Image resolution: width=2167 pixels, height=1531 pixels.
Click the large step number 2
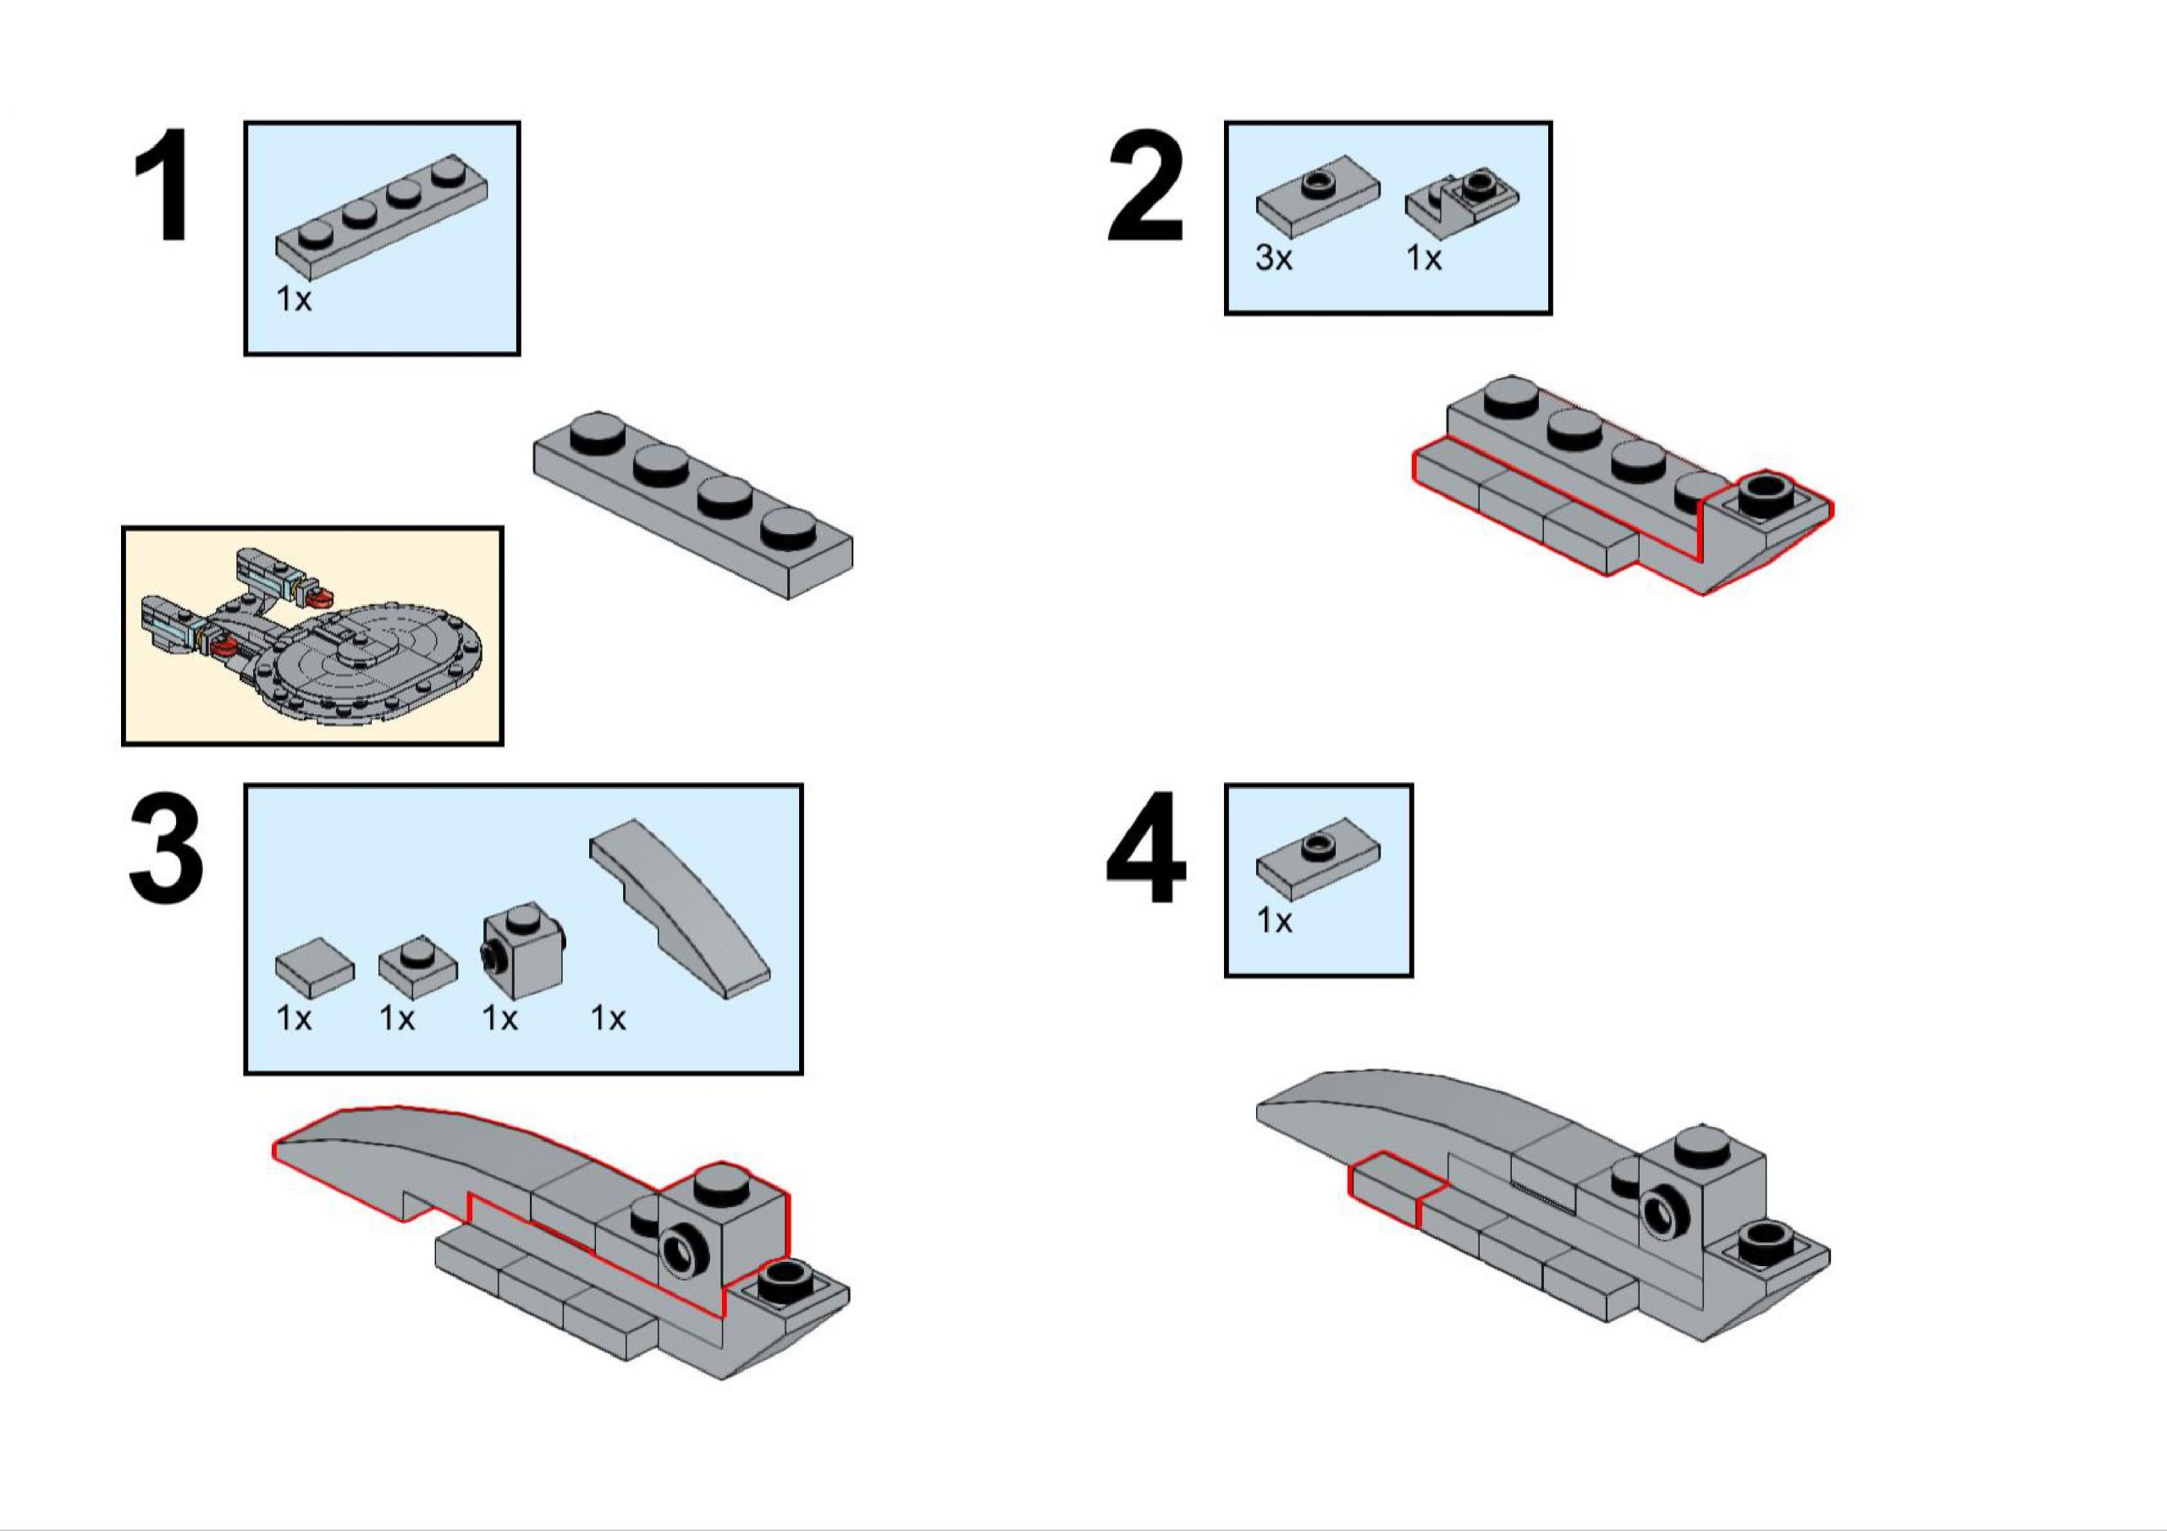pos(1144,186)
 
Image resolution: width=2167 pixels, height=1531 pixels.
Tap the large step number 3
pos(166,850)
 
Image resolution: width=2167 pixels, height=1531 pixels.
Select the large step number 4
pos(1144,850)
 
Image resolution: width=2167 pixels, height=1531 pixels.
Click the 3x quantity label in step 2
pos(1273,256)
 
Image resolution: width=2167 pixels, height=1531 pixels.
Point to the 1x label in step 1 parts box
pos(294,300)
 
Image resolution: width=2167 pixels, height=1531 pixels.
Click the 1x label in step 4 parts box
pos(1274,920)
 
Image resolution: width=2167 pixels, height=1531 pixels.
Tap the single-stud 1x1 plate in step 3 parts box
pos(418,964)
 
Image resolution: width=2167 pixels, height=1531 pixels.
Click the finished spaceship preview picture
pos(312,636)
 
